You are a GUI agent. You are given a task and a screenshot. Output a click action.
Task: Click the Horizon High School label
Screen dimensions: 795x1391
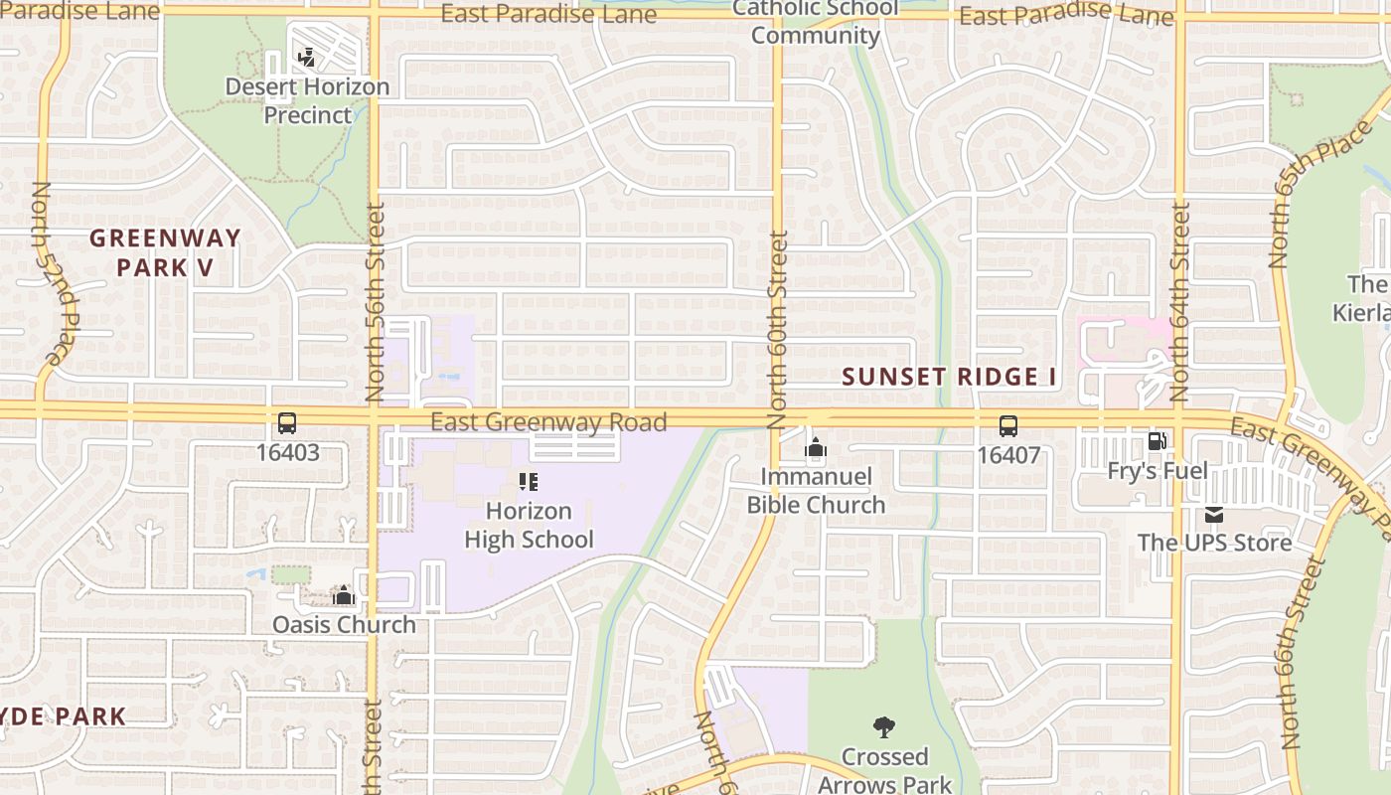tap(529, 526)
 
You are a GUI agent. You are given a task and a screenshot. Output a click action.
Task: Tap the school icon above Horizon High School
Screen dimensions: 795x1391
tap(529, 483)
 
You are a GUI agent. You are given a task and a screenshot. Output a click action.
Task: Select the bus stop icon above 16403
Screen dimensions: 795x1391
tap(287, 423)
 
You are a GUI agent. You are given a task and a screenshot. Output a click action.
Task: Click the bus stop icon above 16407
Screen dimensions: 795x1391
tap(1008, 426)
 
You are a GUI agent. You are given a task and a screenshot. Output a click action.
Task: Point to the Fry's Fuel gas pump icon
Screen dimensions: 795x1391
tap(1157, 441)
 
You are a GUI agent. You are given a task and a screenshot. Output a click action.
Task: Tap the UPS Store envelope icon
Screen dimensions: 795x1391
tap(1214, 515)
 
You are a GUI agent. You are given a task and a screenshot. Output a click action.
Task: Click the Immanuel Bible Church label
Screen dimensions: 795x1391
tap(816, 491)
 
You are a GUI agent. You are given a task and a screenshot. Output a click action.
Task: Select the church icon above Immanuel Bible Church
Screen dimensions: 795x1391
tap(816, 449)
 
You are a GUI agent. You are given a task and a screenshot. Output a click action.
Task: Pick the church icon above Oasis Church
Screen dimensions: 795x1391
tap(344, 595)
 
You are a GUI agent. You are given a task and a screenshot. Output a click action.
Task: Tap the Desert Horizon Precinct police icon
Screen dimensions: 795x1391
tap(307, 58)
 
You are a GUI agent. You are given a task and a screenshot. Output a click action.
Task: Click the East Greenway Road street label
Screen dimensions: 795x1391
tap(548, 422)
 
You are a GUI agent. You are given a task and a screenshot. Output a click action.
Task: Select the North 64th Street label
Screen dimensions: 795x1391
tap(1179, 300)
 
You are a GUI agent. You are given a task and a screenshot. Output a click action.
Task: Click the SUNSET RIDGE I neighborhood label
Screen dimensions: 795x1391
tap(949, 378)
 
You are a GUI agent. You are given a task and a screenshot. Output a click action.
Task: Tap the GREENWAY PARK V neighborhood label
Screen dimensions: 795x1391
tap(165, 252)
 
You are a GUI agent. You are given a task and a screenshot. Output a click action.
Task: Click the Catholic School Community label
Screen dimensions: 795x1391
tap(815, 22)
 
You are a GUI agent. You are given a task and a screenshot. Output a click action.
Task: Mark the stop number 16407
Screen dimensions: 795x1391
tap(1008, 455)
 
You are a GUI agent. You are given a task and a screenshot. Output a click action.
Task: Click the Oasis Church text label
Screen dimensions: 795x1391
tap(344, 624)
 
